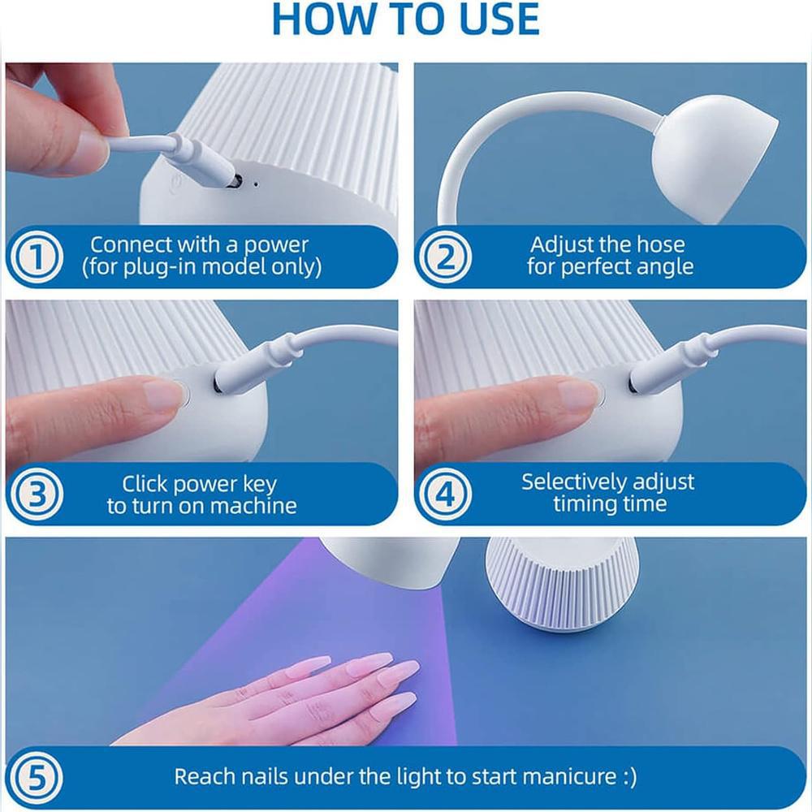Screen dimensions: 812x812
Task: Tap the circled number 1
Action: pyautogui.click(x=37, y=257)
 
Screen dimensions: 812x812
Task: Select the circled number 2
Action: pyautogui.click(x=445, y=257)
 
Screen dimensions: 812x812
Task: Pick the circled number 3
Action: pyautogui.click(x=37, y=494)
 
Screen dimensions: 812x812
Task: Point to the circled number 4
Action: pyautogui.click(x=445, y=494)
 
